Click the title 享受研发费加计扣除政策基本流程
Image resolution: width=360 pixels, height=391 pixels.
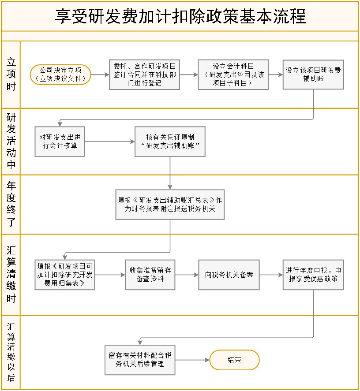(x=180, y=17)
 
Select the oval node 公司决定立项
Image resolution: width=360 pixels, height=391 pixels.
(x=60, y=74)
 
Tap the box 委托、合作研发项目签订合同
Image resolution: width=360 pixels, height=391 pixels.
(x=144, y=74)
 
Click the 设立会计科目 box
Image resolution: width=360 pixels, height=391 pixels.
(x=232, y=74)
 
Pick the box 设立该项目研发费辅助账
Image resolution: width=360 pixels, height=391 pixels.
(x=313, y=74)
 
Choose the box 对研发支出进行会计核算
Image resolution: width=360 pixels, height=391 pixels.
(x=60, y=142)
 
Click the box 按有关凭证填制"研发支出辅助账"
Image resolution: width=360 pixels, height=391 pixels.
(x=170, y=142)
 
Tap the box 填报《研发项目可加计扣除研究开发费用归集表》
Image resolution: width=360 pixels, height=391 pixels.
(x=65, y=275)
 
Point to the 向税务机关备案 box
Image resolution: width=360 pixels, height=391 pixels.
(x=229, y=275)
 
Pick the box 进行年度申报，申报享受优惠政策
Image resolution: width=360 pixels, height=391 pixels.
(x=313, y=275)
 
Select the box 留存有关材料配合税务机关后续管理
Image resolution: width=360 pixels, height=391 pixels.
(x=140, y=360)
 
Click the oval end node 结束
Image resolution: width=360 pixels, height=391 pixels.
(x=234, y=360)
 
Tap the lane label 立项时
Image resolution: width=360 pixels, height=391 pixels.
(x=11, y=74)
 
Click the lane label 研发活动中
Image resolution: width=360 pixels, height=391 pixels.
(x=11, y=142)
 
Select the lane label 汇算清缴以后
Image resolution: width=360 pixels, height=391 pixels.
(x=11, y=353)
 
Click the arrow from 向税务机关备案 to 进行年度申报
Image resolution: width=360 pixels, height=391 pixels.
(x=271, y=275)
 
